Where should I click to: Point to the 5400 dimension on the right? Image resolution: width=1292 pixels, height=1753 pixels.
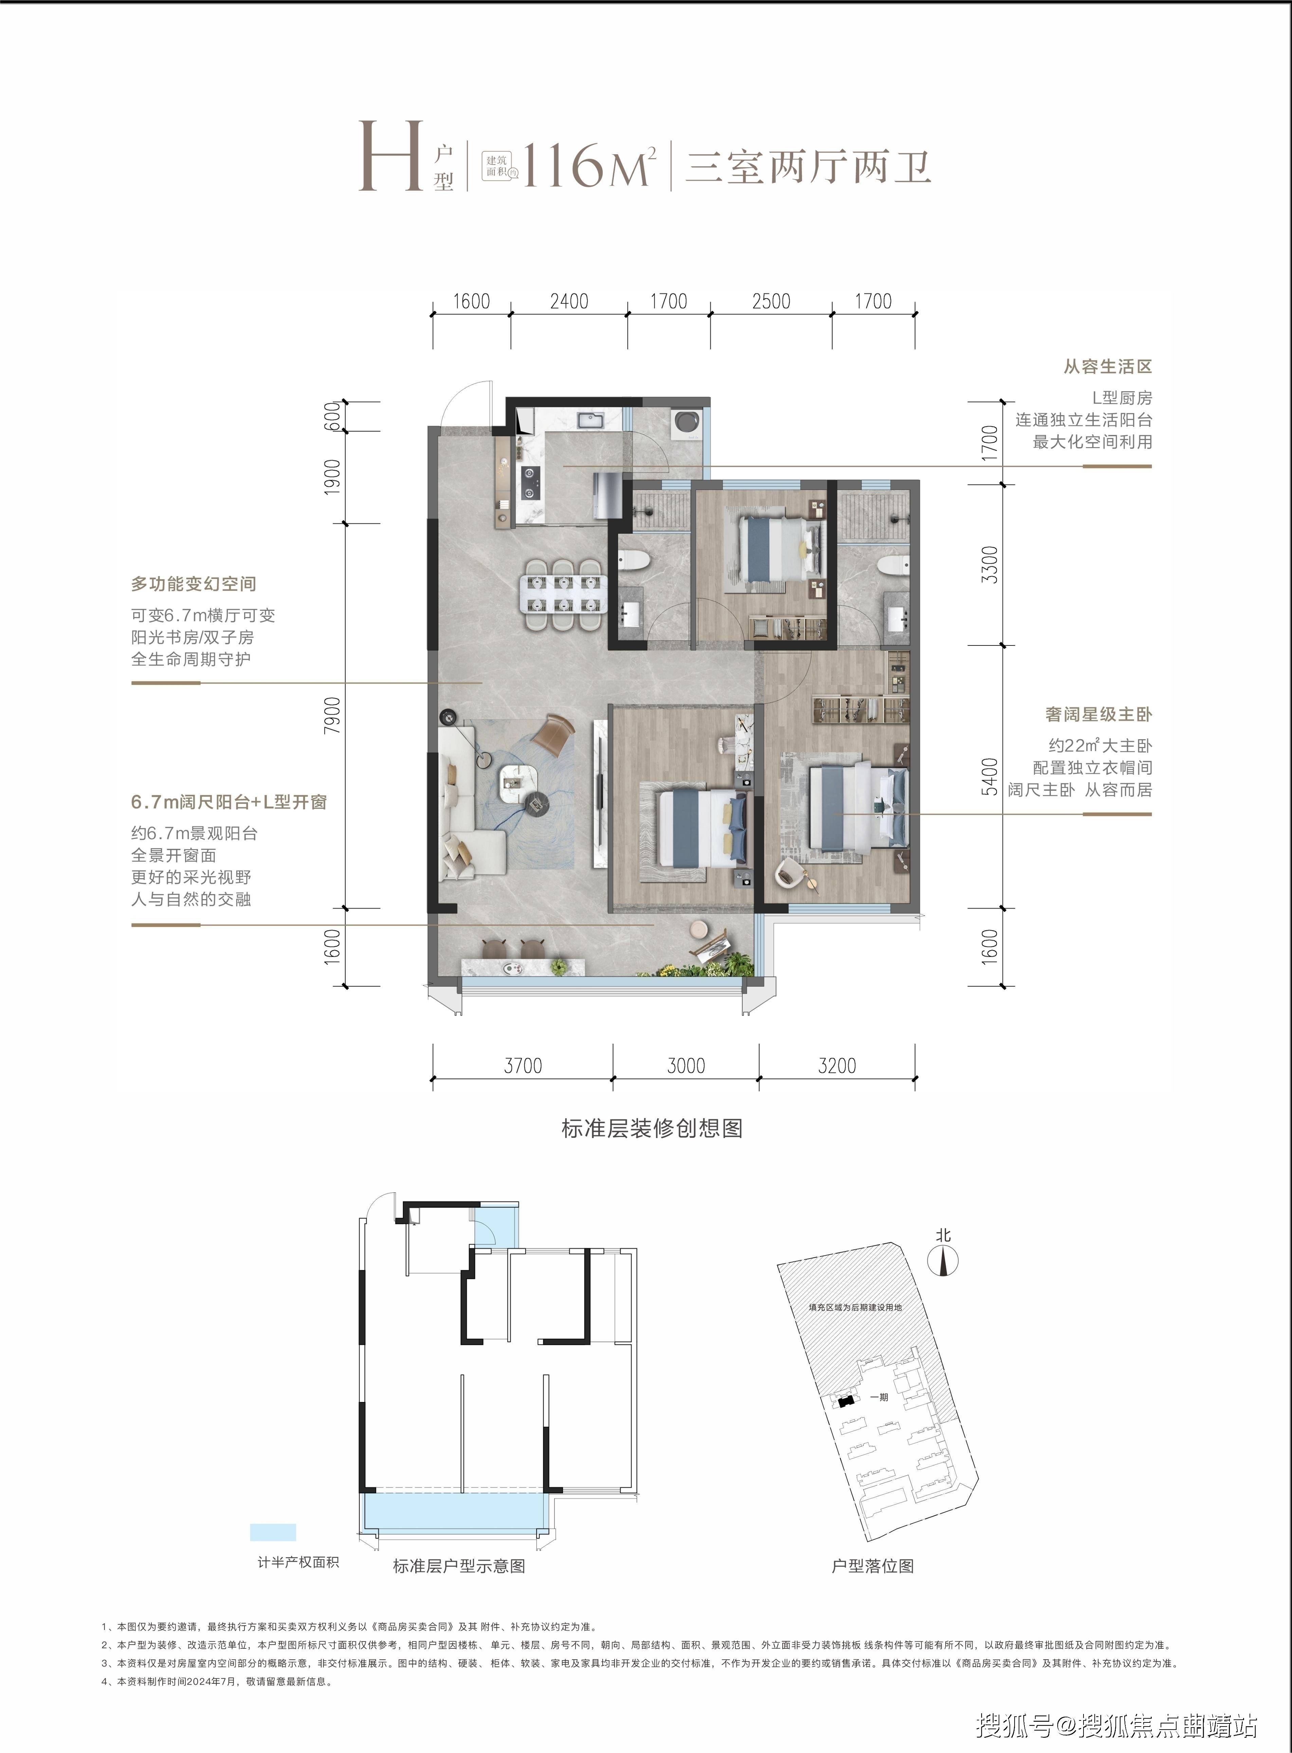point(990,777)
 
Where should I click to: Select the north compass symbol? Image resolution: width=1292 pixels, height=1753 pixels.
point(943,1261)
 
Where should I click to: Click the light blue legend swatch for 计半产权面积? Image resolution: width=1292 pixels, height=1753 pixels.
point(273,1532)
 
